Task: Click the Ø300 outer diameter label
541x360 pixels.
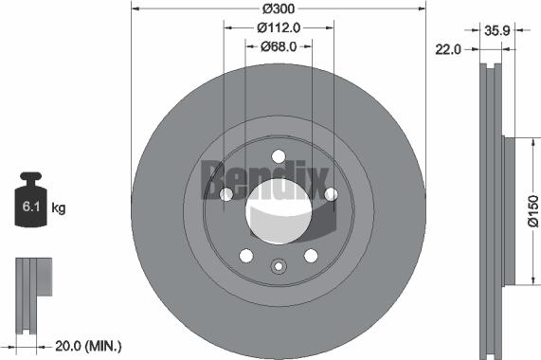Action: tap(279, 9)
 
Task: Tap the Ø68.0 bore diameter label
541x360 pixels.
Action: tap(279, 45)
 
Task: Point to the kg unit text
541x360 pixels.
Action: tap(59, 206)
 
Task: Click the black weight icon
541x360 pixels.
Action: tap(31, 201)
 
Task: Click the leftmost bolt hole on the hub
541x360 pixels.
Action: tap(225, 194)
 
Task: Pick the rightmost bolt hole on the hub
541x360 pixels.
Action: tap(331, 194)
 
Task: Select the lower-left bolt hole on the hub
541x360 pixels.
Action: tap(245, 255)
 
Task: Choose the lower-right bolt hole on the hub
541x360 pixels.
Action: tap(310, 255)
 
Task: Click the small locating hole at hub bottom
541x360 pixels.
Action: tap(278, 266)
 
